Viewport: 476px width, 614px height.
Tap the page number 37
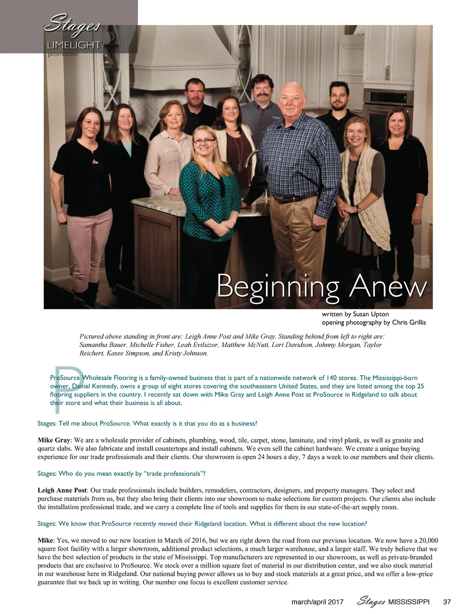447,601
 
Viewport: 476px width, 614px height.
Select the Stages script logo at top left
72,23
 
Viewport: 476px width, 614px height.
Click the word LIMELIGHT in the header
74,45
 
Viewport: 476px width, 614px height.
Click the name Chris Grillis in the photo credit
409,322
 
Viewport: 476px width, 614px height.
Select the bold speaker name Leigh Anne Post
62,490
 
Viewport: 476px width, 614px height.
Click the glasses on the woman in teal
204,140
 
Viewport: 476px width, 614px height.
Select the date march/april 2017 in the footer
317,601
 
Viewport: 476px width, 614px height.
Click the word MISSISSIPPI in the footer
409,601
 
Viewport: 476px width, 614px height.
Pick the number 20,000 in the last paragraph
428,541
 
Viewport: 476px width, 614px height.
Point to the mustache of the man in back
261,97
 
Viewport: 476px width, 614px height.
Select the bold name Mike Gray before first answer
53,440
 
